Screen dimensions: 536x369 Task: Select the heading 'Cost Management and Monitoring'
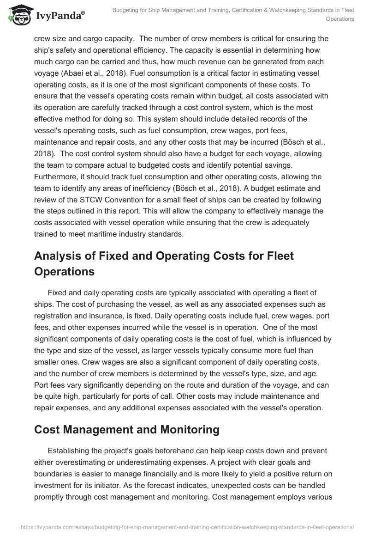[126, 429]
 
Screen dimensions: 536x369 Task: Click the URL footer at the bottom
[184, 526]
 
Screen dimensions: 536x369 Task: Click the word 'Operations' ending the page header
[339, 19]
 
